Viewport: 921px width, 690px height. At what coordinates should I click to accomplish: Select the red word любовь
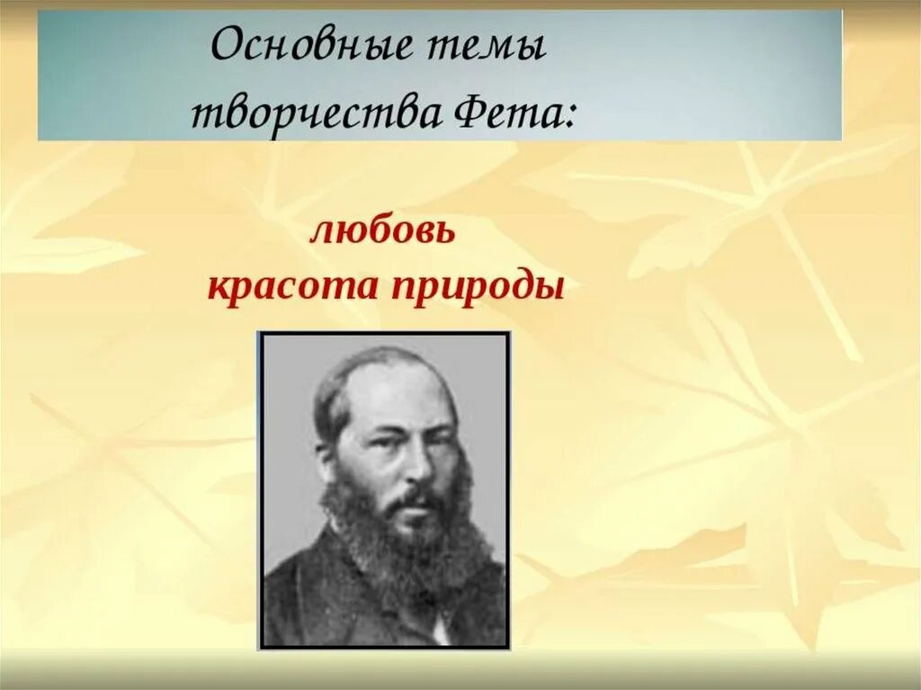click(x=383, y=233)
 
